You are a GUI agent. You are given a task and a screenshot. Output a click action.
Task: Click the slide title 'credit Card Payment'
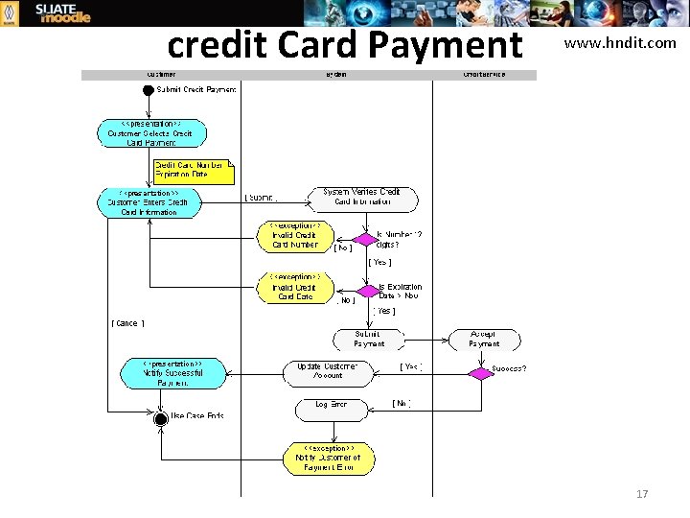point(344,44)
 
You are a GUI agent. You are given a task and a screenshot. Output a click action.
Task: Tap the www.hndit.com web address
point(619,43)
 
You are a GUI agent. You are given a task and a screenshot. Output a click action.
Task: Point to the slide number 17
point(642,494)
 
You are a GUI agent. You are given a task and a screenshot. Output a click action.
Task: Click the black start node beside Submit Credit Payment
point(148,90)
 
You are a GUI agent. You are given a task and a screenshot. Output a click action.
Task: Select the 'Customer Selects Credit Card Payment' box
point(151,133)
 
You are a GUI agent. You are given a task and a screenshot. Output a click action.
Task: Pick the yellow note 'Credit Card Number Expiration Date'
point(193,170)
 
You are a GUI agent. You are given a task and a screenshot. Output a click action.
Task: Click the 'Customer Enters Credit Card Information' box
point(149,202)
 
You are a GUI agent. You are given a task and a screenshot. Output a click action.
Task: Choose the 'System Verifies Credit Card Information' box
point(362,198)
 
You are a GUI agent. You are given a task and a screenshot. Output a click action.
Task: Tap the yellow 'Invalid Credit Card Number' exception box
point(293,237)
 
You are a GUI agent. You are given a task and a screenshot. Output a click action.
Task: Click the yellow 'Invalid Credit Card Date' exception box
point(293,289)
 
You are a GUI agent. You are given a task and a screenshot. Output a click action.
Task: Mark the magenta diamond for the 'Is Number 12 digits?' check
point(364,239)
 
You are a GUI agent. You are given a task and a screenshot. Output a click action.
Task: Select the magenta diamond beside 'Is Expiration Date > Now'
point(368,291)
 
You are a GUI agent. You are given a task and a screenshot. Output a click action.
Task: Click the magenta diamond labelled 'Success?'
point(479,372)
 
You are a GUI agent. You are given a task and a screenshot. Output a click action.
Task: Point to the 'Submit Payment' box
point(369,339)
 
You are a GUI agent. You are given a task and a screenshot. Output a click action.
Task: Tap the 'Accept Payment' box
point(484,339)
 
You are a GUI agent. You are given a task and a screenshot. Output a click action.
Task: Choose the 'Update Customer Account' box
point(327,371)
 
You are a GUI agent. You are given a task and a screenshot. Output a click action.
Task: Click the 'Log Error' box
point(332,407)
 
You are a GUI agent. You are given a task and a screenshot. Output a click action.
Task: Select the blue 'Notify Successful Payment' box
point(173,373)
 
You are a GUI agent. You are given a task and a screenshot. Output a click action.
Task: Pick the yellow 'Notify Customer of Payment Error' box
point(329,458)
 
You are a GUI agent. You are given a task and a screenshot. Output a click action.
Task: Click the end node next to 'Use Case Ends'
point(161,418)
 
